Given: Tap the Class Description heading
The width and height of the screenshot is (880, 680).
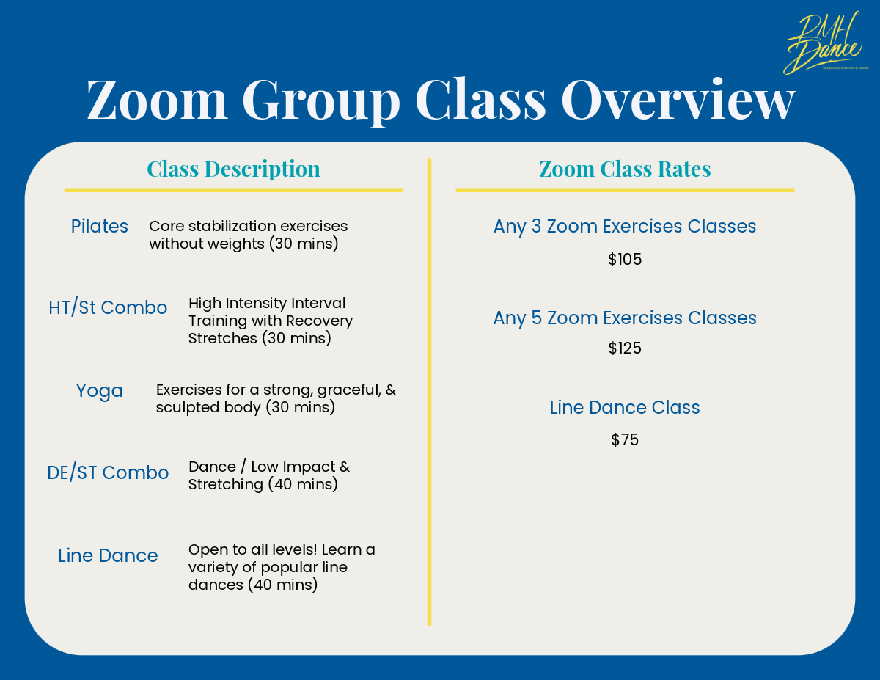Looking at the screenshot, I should tap(233, 169).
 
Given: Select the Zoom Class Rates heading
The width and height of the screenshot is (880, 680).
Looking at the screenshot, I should tap(625, 169).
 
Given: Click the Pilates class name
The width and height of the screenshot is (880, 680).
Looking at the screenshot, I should tap(100, 226).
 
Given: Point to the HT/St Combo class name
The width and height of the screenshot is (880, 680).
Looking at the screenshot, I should tap(108, 307).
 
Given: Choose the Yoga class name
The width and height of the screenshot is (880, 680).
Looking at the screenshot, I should tap(100, 391).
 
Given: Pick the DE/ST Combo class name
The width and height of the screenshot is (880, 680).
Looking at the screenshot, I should tap(108, 472).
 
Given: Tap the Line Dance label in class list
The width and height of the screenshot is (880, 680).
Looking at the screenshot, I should tap(108, 555).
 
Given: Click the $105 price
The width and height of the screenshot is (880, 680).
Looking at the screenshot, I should tap(625, 260).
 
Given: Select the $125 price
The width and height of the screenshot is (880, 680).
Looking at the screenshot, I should tap(625, 348).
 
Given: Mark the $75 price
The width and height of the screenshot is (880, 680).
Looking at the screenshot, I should tap(625, 440).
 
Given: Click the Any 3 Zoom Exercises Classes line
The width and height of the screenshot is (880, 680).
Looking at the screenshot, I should tap(625, 226).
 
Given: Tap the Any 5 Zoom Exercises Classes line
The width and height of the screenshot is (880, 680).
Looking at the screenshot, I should tap(625, 318).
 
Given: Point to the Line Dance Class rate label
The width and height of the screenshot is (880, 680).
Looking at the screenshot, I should tap(625, 407).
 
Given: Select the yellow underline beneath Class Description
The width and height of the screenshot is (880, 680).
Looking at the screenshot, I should tap(233, 190).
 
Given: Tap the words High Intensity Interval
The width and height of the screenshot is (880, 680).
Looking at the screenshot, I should tap(267, 303).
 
